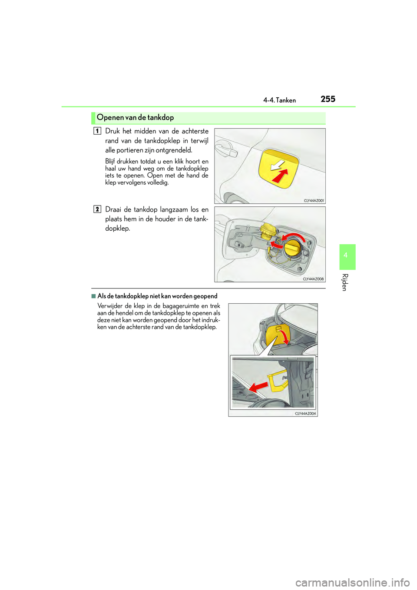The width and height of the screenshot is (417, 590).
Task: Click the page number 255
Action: click(328, 99)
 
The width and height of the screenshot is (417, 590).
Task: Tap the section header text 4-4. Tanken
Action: click(279, 100)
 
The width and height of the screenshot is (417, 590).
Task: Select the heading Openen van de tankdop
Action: click(135, 117)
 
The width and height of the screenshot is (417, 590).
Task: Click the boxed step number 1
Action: click(97, 131)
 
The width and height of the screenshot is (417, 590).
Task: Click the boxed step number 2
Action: click(97, 209)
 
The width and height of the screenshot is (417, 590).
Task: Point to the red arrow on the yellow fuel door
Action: click(280, 176)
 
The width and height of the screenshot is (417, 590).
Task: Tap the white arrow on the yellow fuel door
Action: click(277, 166)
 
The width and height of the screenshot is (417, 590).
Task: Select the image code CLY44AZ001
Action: click(314, 201)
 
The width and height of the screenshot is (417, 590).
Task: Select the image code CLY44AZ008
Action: click(313, 279)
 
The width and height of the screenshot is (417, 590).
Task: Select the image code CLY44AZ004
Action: click(305, 414)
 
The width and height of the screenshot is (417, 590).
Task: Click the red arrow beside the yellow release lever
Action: click(258, 386)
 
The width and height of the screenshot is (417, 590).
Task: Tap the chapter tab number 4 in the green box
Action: click(345, 255)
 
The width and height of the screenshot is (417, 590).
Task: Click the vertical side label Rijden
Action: click(344, 282)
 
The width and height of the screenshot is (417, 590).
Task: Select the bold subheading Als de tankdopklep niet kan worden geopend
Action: click(157, 296)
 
